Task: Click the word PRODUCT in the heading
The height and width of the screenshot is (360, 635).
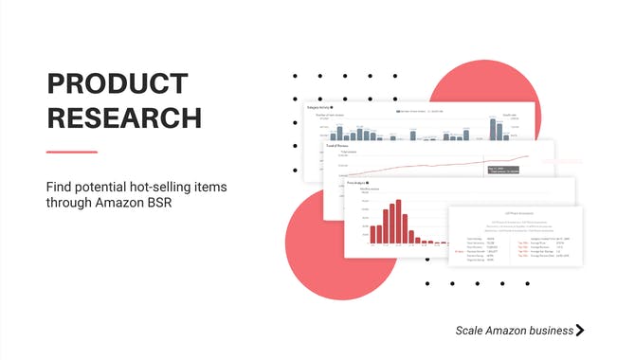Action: (113, 84)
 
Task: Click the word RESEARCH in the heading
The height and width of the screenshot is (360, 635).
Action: (124, 117)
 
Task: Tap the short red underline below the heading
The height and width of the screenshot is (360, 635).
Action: (72, 152)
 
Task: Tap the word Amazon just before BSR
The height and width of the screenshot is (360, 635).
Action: (127, 203)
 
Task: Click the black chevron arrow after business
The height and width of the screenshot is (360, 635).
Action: (580, 331)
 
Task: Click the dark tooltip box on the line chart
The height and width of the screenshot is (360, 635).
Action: (501, 170)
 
